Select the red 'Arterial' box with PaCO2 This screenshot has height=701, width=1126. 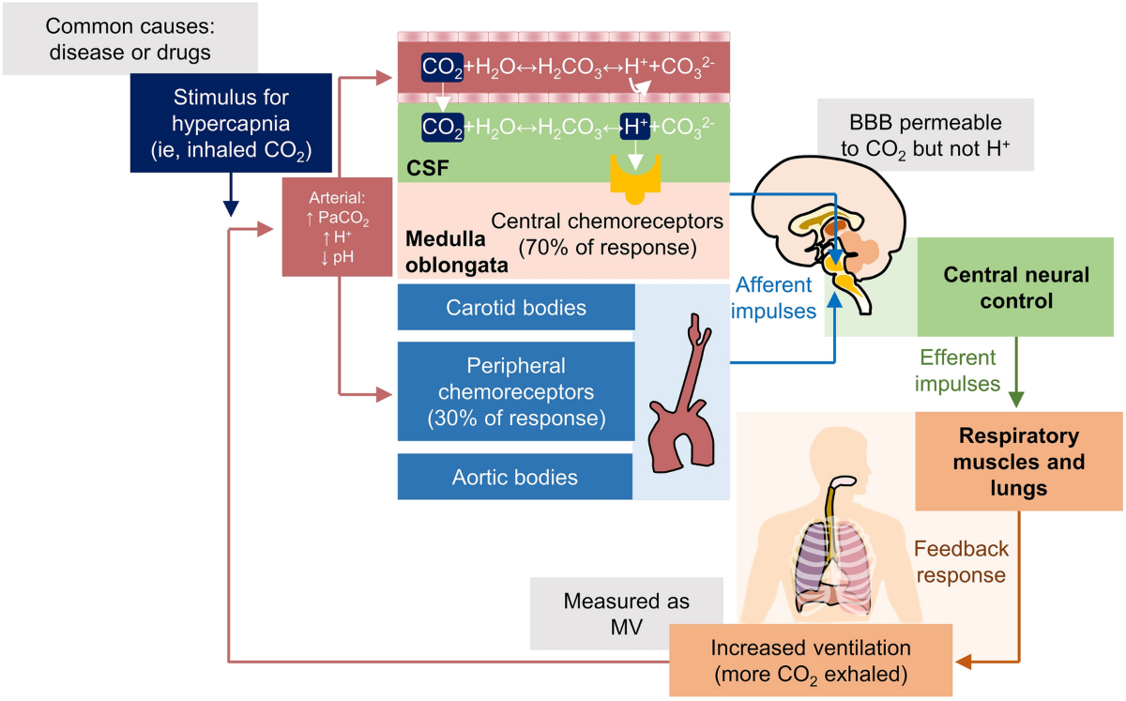coord(336,226)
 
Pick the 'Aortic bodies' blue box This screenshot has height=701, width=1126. coord(515,477)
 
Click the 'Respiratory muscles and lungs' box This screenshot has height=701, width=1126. coord(1017,462)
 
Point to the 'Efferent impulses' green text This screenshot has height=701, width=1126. coord(957,371)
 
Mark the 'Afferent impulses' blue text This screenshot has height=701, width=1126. coord(776,297)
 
